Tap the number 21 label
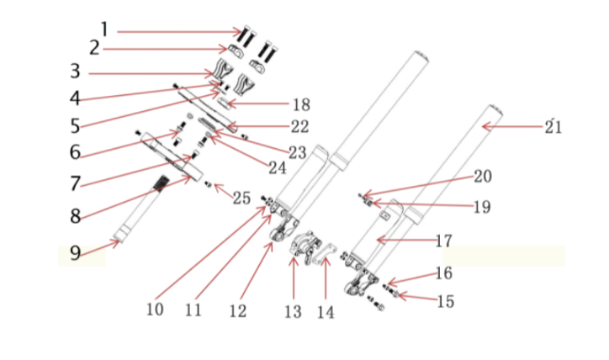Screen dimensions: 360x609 tap(553, 127)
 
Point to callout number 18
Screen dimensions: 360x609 tap(300, 105)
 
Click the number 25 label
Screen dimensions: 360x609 tap(241, 198)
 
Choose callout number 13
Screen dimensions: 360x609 tap(292, 311)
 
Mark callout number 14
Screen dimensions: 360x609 tap(326, 311)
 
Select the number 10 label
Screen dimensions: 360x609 tap(154, 310)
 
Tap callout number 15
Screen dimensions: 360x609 tap(446, 300)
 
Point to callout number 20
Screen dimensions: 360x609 tap(483, 177)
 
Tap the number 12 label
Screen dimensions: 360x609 tap(236, 310)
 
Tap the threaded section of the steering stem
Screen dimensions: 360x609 tap(160, 183)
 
